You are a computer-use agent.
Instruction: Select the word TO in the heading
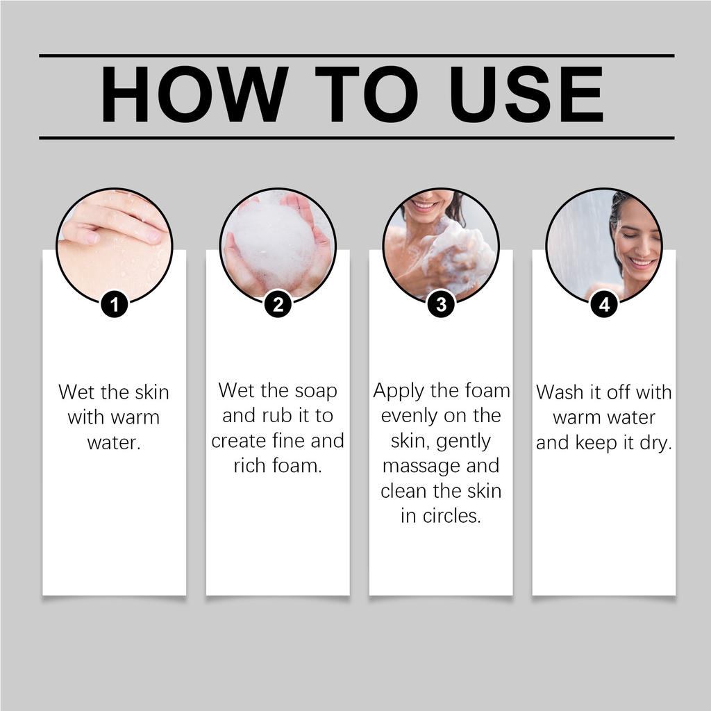367,94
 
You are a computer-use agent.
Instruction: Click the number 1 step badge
115,304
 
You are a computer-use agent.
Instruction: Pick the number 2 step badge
278,304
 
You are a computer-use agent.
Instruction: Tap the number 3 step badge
441,304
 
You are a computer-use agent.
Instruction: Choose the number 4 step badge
604,304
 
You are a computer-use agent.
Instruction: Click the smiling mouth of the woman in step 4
642,263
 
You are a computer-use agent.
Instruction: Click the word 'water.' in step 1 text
114,443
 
